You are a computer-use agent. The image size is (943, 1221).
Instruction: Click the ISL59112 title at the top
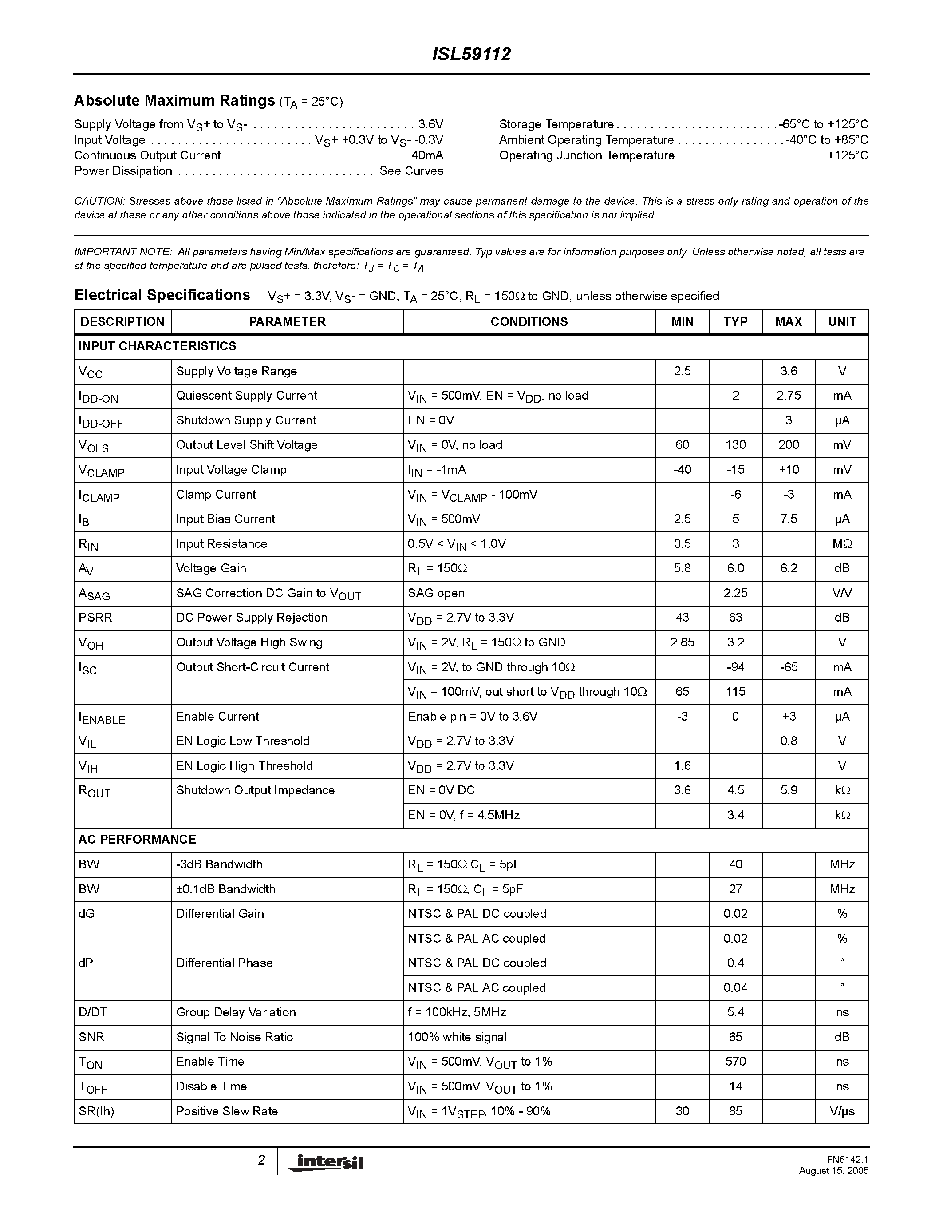471,54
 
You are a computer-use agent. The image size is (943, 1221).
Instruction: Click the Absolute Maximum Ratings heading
174,101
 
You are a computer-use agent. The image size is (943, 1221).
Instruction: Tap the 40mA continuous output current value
427,155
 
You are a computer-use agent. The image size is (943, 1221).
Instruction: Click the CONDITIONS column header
529,322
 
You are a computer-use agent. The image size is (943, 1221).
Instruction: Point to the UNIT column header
841,322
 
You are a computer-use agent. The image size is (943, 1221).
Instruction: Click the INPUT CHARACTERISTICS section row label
158,347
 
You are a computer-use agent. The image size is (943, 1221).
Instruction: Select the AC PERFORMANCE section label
138,840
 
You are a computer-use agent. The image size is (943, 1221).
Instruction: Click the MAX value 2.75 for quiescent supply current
788,396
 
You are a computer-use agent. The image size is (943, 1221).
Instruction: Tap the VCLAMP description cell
102,471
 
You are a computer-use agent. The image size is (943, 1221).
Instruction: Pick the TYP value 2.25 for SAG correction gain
735,593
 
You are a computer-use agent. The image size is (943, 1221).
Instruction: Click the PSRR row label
95,618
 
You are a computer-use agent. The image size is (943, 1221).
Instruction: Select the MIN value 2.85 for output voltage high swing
682,642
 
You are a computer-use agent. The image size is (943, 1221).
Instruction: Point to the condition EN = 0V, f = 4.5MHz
464,815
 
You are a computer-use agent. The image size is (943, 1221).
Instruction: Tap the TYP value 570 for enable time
735,1062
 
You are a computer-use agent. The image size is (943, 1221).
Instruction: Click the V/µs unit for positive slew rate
841,1111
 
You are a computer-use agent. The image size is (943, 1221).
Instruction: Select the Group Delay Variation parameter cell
236,1012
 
